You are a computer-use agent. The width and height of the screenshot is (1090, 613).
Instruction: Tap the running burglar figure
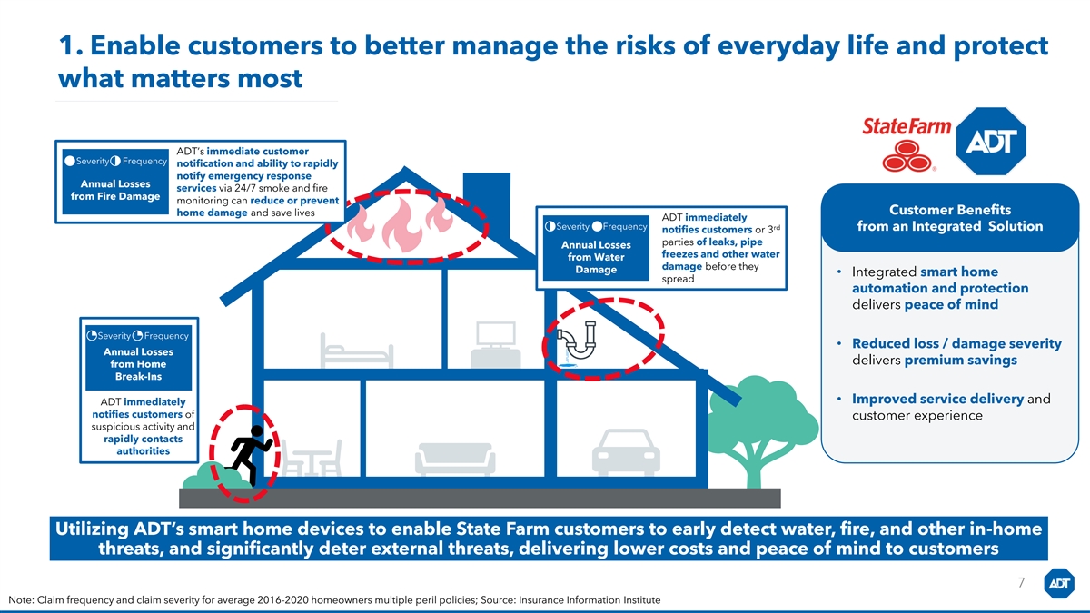[248, 454]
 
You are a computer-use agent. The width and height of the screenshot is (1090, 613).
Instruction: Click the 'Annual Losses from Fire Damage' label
[114, 190]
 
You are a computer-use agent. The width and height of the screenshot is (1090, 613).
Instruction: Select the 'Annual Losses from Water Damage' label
[596, 257]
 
